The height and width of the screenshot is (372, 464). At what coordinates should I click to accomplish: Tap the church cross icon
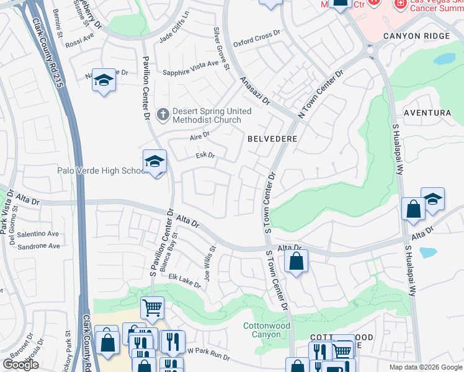point(163,114)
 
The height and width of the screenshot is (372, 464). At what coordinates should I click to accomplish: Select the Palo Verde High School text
point(101,170)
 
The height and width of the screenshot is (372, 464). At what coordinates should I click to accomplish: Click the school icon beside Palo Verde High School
point(154,162)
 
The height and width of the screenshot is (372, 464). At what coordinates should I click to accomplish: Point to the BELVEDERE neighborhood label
point(272,139)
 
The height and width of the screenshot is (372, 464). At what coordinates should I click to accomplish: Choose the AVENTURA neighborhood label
point(427,113)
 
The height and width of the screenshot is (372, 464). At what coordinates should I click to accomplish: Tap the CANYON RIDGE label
point(416,36)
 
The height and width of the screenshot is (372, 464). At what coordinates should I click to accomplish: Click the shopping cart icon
point(152,307)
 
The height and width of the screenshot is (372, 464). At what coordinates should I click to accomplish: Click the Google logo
point(20,365)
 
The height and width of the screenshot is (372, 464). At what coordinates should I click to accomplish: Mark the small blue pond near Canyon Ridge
point(444,60)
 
